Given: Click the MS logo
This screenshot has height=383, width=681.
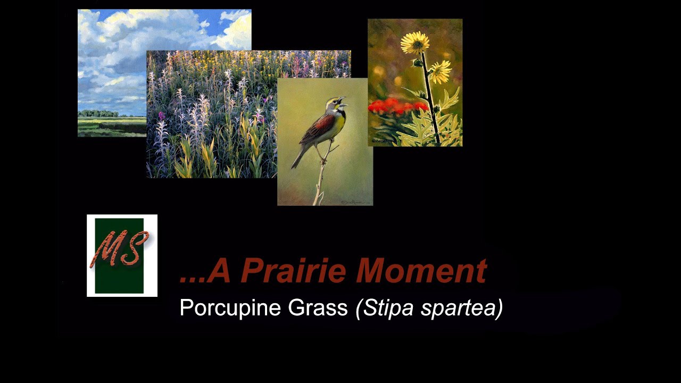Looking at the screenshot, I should pos(122,255).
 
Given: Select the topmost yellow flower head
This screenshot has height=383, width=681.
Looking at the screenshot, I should pos(415,42).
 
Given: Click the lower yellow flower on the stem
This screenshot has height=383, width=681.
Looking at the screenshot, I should pos(439,71).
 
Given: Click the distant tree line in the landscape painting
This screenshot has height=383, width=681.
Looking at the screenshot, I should pos(98,113).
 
